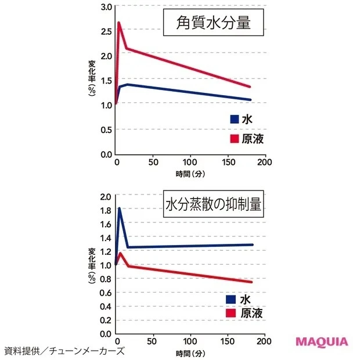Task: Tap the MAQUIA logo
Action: point(322,341)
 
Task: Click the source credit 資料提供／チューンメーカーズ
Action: point(64,351)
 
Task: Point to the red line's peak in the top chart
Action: point(118,23)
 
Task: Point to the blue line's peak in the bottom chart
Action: point(119,208)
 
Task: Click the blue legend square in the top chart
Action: point(234,119)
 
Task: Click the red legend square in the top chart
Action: point(234,139)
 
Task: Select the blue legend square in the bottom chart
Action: point(231,299)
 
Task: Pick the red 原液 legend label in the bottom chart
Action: point(251,313)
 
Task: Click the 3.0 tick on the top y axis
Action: point(105,7)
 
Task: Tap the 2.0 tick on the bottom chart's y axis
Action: point(105,196)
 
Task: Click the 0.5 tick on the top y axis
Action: point(105,129)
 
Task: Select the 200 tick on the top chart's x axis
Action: point(265,163)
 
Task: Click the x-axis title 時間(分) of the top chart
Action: point(190,174)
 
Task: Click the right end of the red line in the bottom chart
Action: point(252,282)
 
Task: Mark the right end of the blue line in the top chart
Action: point(250,100)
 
